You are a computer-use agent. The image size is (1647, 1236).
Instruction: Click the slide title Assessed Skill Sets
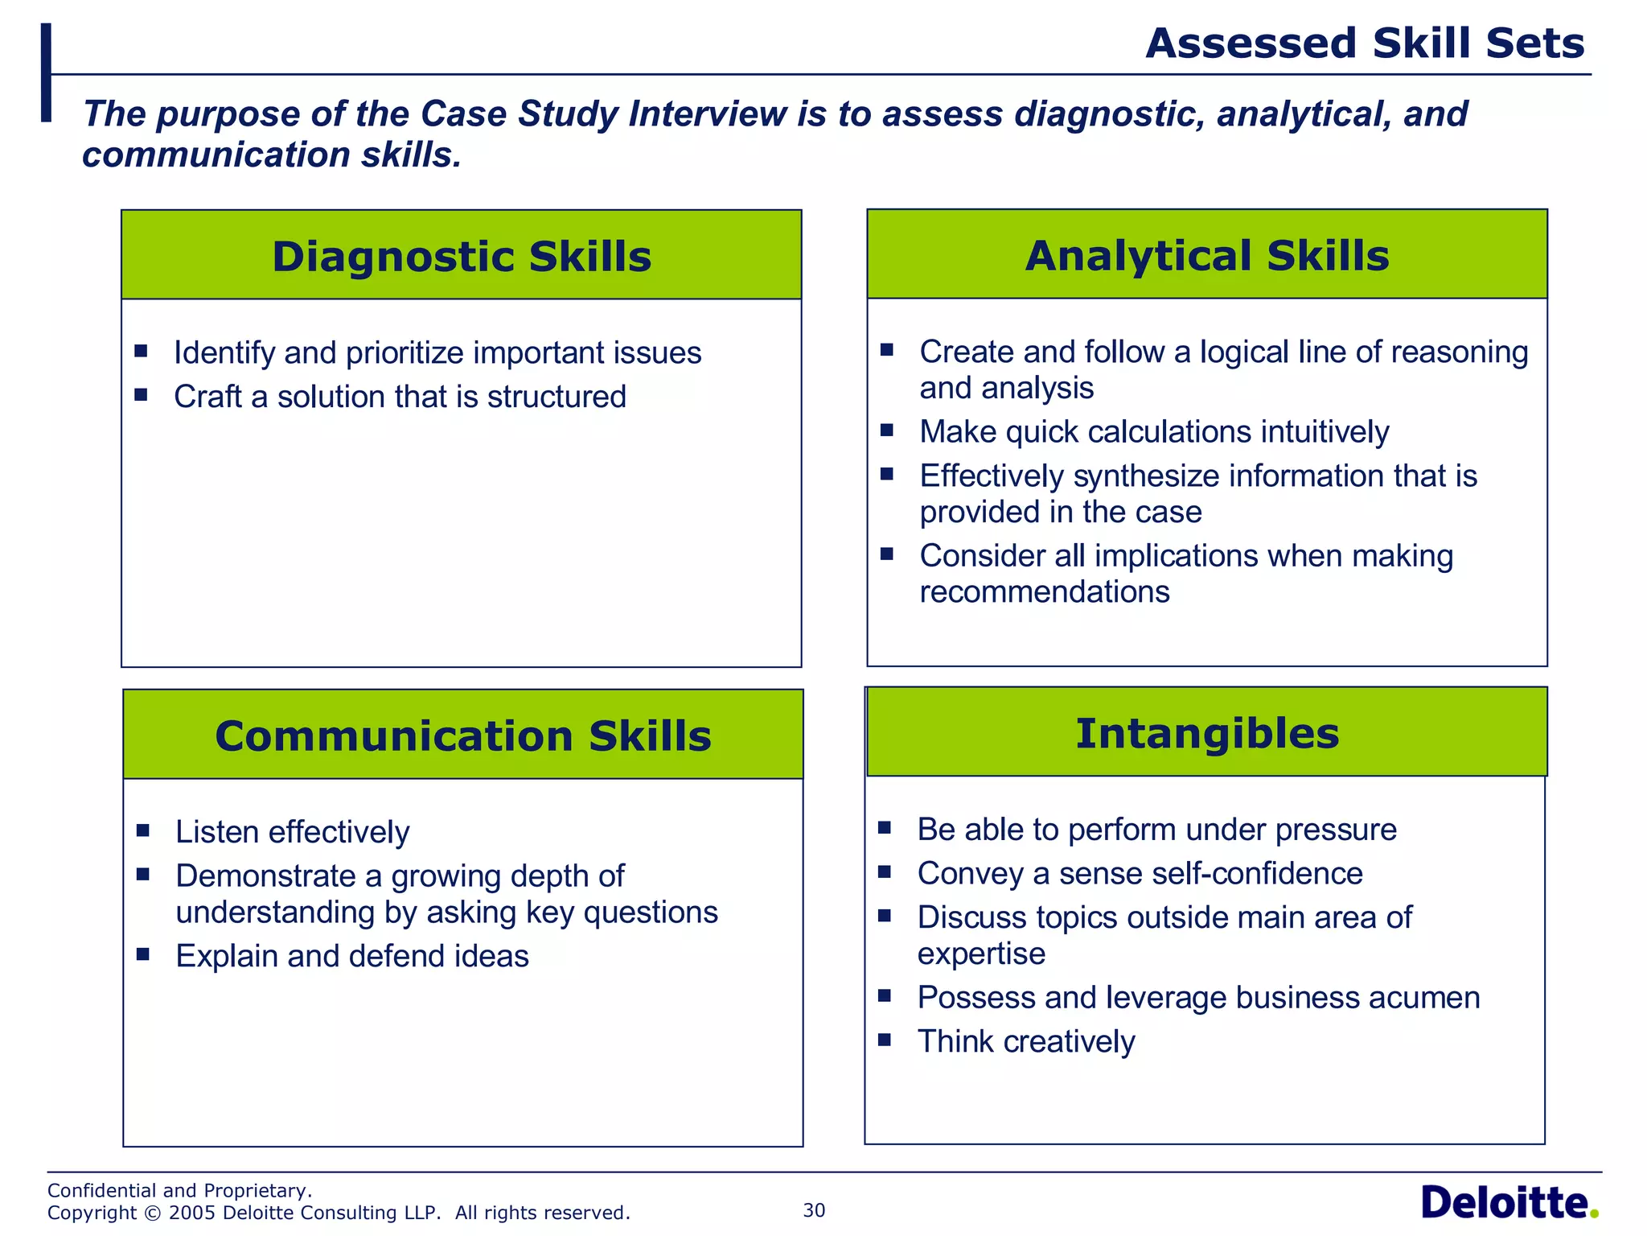(1364, 43)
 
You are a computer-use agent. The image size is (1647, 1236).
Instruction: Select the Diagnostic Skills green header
(462, 256)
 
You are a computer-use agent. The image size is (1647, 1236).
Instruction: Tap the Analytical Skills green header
(1206, 255)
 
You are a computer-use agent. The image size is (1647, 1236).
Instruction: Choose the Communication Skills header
(463, 735)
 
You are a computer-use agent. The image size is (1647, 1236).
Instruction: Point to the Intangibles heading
(1206, 733)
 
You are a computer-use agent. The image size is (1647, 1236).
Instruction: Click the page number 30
(814, 1210)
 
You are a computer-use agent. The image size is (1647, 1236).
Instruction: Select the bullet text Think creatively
(1026, 1041)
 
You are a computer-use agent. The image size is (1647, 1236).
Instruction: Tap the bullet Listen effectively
(293, 832)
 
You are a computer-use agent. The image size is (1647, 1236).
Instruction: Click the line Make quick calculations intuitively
(1154, 432)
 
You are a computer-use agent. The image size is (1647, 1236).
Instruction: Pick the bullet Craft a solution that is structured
(400, 397)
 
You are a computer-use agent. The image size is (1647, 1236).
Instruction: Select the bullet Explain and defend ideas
(352, 956)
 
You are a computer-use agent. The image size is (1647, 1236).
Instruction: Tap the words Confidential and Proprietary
(179, 1190)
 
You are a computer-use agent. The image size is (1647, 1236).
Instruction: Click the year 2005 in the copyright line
(192, 1213)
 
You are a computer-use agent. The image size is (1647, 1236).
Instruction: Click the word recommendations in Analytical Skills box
(1044, 592)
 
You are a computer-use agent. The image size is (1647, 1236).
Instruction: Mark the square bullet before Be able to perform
(885, 827)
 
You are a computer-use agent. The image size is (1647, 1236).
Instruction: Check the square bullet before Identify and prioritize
(141, 351)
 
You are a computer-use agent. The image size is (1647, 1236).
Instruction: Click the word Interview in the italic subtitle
(707, 113)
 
